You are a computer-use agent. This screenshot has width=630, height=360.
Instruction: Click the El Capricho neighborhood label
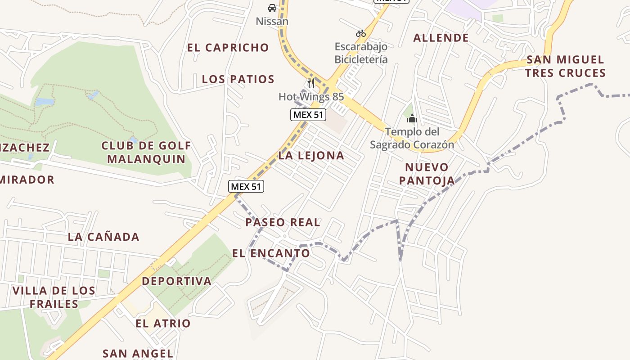228,48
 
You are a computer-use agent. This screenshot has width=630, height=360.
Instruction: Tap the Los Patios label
238,79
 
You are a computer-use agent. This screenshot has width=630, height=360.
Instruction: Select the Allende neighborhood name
441,38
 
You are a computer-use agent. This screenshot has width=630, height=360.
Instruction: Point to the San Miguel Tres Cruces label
565,66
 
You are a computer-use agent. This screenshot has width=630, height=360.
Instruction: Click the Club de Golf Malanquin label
146,152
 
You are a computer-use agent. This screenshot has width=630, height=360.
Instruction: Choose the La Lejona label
311,156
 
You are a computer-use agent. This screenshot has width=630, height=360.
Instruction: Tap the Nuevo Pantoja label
427,174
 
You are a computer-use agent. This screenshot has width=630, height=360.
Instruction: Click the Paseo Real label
283,222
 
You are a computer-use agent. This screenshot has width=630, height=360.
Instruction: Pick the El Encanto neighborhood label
271,253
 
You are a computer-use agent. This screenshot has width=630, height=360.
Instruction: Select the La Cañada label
103,237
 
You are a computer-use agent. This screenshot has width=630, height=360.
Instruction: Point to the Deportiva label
176,281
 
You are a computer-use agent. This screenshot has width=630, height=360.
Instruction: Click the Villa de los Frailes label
54,297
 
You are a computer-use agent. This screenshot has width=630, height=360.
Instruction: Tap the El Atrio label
163,324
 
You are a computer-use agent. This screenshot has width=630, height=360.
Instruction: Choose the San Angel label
138,354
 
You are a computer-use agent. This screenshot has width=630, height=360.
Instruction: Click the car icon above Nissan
272,8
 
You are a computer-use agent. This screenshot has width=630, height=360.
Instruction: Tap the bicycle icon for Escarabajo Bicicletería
360,33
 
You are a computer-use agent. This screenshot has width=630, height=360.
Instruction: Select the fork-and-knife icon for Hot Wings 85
310,83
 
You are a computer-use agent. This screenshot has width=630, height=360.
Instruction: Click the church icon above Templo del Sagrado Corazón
412,119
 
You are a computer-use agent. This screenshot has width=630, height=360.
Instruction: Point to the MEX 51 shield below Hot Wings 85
308,115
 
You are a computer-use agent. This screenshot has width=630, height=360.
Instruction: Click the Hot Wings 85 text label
311,97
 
